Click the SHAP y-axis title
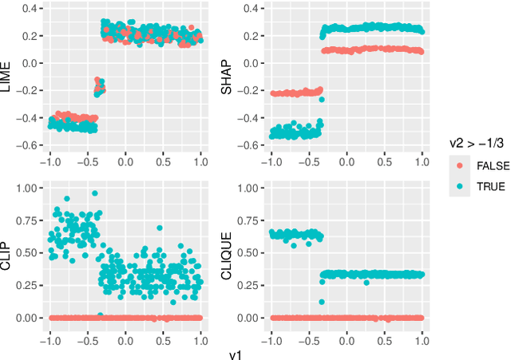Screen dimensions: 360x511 click(x=227, y=77)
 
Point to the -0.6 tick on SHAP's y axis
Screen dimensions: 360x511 click(x=249, y=145)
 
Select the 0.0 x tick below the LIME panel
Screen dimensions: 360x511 click(x=125, y=159)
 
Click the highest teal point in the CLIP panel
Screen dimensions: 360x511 click(x=95, y=193)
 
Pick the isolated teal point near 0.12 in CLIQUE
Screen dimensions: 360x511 click(x=320, y=302)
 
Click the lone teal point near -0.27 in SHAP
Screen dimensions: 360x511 click(x=322, y=100)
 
